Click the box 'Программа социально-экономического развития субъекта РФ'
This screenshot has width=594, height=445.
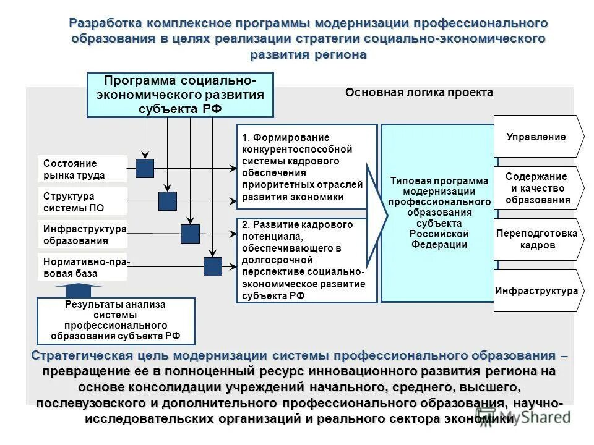pyautogui.click(x=180, y=95)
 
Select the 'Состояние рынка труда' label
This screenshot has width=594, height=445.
pyautogui.click(x=82, y=169)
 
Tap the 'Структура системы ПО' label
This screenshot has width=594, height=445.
pyautogui.click(x=82, y=201)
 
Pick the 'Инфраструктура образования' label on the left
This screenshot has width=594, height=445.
pyautogui.click(x=82, y=235)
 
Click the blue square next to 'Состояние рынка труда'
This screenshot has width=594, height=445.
pyautogui.click(x=145, y=167)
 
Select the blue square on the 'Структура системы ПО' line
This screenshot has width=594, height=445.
pyautogui.click(x=167, y=201)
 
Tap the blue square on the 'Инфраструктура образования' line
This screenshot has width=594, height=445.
pyautogui.click(x=190, y=234)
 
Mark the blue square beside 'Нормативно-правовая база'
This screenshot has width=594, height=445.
pyautogui.click(x=212, y=266)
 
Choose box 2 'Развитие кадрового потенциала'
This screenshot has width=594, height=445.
pyautogui.click(x=306, y=260)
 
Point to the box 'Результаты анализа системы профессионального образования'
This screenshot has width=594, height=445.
pyautogui.click(x=116, y=321)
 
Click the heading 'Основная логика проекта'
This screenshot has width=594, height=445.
pyautogui.click(x=419, y=93)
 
